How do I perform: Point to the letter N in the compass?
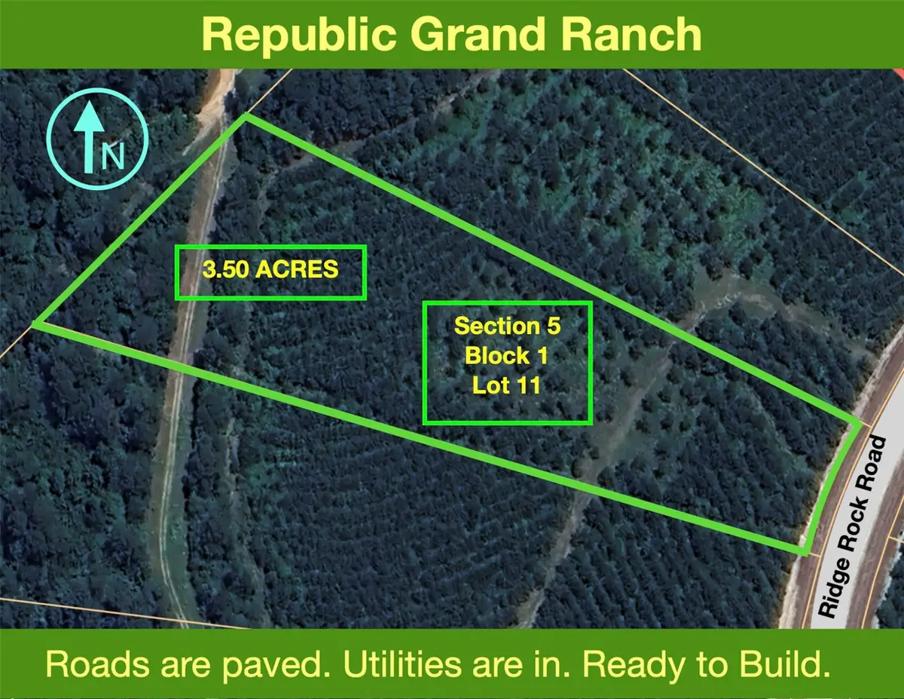click(113, 156)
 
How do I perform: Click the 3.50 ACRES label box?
click(270, 271)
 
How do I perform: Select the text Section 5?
click(508, 327)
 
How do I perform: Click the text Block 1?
click(508, 355)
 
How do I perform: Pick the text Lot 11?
click(508, 385)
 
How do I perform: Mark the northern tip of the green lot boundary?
click(246, 116)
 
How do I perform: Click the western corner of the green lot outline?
click(34, 325)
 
